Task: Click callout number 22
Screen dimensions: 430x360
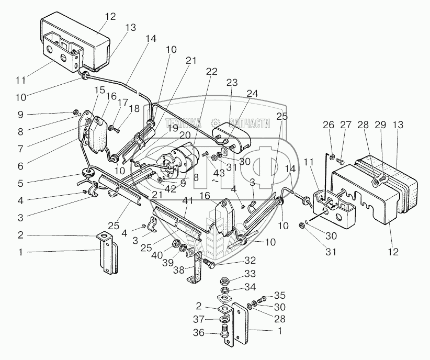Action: pyautogui.click(x=212, y=72)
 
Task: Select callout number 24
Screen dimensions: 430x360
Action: pyautogui.click(x=252, y=94)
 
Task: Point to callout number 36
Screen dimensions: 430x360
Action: pyautogui.click(x=199, y=333)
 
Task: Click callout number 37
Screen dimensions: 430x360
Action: pyautogui.click(x=199, y=319)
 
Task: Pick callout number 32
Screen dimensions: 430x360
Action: pyautogui.click(x=250, y=260)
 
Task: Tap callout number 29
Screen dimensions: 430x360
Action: pyautogui.click(x=380, y=125)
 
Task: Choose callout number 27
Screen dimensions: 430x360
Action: pyautogui.click(x=346, y=125)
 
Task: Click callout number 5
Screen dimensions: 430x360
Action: pyautogui.click(x=20, y=183)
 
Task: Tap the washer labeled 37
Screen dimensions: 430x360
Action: pyautogui.click(x=225, y=319)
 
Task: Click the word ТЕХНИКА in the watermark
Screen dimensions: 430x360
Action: pyautogui.click(x=183, y=123)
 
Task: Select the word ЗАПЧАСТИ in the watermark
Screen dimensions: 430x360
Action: pyautogui.click(x=250, y=123)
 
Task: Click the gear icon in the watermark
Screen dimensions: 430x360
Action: pyautogui.click(x=216, y=123)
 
